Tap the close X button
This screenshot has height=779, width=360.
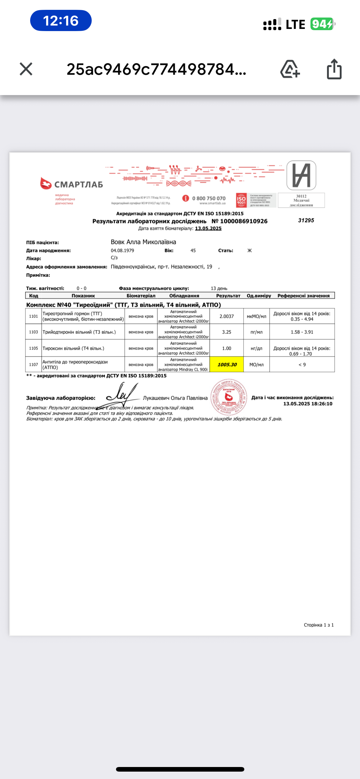coord(26,69)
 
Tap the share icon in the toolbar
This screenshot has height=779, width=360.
coord(334,69)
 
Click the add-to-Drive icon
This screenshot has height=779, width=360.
coord(290,69)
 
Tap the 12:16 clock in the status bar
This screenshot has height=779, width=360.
coord(61,21)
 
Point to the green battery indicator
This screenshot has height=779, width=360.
coord(322,24)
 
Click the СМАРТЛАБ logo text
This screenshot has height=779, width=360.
coord(78,185)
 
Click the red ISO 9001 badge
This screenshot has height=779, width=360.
coord(241,200)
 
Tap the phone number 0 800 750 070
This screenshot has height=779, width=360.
coord(209,198)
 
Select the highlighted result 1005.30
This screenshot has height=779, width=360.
coord(227,365)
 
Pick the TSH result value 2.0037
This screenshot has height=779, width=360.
coord(226,316)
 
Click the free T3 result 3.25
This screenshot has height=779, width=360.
coord(226,332)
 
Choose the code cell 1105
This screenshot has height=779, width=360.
coord(34,348)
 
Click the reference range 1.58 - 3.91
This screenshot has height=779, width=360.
coord(302,332)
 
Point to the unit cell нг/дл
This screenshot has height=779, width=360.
coord(256,348)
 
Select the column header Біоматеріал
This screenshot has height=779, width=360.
coord(141,296)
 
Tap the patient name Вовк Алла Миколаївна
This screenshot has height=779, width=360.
coord(143,242)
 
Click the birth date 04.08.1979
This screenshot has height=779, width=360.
coord(122,250)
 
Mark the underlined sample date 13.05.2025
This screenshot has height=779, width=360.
coord(208,228)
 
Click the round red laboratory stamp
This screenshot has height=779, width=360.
coord(229,397)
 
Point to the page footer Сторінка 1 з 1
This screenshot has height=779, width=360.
coord(318,625)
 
